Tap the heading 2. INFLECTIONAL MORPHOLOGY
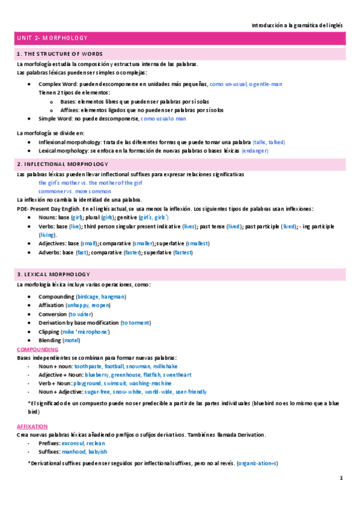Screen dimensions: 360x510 click(63, 164)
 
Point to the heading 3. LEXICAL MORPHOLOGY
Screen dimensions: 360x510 click(53, 274)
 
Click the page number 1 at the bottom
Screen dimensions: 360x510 click(341, 478)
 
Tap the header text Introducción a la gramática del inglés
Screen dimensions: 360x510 click(297, 25)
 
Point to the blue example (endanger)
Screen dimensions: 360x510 click(255, 150)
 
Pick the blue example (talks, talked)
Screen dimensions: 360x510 click(269, 141)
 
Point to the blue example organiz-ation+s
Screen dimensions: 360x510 click(257, 463)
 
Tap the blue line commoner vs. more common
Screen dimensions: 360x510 click(71, 191)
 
